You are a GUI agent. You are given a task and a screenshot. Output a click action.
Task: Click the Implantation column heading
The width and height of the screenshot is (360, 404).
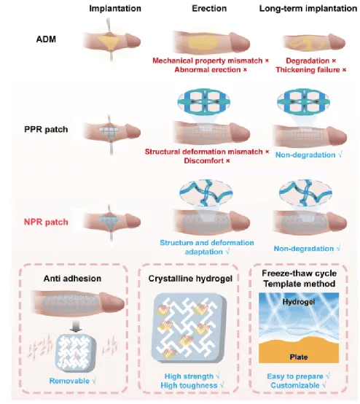click(x=115, y=9)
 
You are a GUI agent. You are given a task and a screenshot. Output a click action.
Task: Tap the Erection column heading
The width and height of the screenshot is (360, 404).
click(x=209, y=9)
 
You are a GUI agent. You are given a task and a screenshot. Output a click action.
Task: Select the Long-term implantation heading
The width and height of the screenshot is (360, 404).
click(x=308, y=9)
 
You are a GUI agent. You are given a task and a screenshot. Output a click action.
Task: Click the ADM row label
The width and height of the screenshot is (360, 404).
click(x=46, y=39)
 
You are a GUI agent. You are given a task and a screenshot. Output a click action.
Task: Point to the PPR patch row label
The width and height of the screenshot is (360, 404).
click(x=46, y=129)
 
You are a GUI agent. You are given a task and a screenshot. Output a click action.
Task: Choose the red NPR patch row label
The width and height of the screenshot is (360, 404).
click(x=46, y=222)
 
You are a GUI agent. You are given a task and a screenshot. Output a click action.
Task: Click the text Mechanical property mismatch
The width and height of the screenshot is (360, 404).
click(x=208, y=61)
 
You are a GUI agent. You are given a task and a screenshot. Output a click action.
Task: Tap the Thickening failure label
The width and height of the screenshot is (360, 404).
click(x=308, y=70)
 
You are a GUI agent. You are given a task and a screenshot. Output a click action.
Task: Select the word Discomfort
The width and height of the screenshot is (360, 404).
click(x=204, y=160)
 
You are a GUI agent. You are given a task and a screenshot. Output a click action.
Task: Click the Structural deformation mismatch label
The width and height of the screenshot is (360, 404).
click(x=204, y=152)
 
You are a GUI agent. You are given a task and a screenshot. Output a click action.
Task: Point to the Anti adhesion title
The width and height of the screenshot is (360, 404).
click(x=72, y=279)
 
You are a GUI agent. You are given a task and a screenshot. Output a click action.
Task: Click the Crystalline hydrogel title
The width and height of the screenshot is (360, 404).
click(x=190, y=279)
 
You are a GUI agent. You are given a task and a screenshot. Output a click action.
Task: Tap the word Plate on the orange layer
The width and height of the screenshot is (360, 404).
click(x=299, y=357)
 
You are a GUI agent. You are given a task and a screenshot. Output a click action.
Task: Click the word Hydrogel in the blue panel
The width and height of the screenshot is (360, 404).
click(x=299, y=302)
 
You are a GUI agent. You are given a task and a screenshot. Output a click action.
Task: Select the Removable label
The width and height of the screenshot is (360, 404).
click(x=69, y=381)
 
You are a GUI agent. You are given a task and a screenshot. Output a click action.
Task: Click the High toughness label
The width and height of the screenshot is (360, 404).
click(x=189, y=386)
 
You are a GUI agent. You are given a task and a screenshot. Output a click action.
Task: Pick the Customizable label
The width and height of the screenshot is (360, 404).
click(x=295, y=386)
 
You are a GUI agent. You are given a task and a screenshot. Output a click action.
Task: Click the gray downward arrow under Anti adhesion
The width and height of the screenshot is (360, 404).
click(x=77, y=327)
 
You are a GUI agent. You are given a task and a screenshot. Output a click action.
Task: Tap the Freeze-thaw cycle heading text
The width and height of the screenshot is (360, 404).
click(x=300, y=273)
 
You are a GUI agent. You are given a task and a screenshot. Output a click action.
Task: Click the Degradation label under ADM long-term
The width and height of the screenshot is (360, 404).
click(x=308, y=61)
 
